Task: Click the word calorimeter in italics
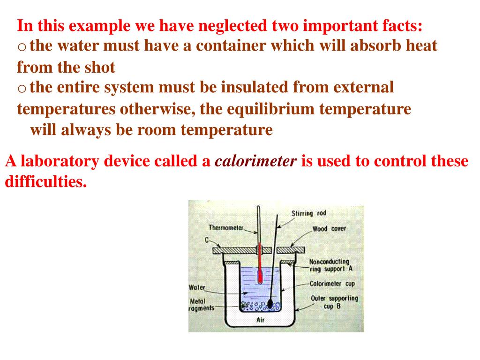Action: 255,162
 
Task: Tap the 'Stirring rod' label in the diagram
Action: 308,213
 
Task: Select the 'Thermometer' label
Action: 226,228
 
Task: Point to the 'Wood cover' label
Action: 329,229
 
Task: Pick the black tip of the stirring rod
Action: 270,303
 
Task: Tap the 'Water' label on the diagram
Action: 197,287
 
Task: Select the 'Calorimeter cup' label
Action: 332,284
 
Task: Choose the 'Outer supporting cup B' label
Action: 334,302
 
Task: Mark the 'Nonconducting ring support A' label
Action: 330,265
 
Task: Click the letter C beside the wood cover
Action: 206,240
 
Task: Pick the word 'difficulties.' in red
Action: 46,182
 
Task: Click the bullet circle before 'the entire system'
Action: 22,88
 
